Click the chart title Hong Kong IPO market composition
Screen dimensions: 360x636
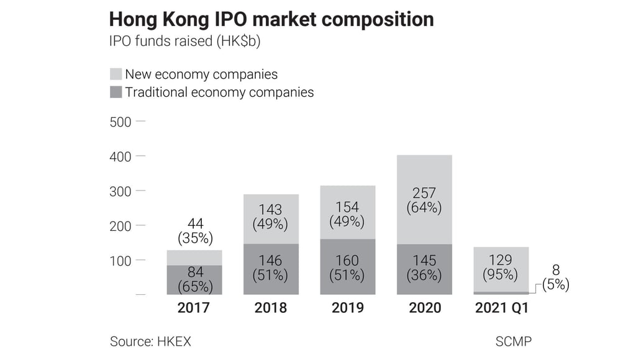click(271, 19)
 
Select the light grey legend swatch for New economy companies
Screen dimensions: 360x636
click(116, 74)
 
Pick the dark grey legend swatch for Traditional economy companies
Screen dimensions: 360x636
click(116, 92)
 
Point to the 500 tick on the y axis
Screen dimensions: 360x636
click(120, 122)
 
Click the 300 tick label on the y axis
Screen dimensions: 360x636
click(120, 191)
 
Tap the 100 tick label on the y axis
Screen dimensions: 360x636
click(120, 261)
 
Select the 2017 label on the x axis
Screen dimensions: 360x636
click(194, 308)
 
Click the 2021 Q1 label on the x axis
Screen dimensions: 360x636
click(501, 308)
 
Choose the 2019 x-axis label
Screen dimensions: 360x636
click(347, 308)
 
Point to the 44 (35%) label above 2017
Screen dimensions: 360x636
click(195, 230)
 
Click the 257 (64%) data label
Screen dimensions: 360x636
click(424, 200)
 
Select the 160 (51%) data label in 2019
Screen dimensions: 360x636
click(347, 267)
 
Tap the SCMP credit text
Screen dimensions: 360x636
click(513, 341)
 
